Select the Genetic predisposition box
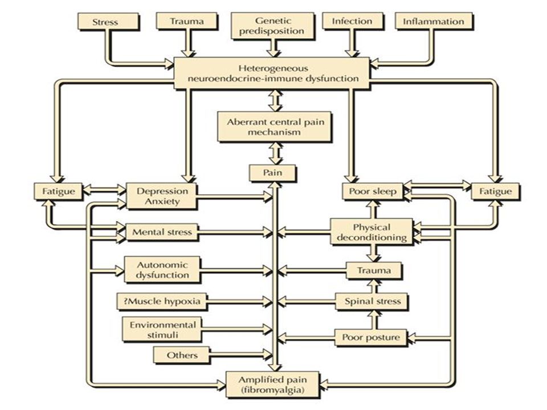(x=272, y=26)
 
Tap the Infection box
(x=352, y=21)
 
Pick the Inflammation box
(x=434, y=21)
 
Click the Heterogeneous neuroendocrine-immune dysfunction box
(x=272, y=73)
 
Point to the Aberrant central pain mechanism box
(x=274, y=126)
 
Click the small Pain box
(x=272, y=173)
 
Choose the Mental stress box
(x=162, y=232)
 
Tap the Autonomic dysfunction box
(x=162, y=269)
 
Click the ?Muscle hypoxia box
(x=161, y=301)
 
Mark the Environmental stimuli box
(x=162, y=330)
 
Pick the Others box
(x=182, y=355)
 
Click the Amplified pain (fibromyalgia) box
(x=272, y=384)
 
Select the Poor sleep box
(x=373, y=191)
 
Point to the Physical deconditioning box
(x=372, y=232)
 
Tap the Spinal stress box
(x=372, y=301)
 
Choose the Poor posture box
(x=371, y=337)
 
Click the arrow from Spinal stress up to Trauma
(x=373, y=286)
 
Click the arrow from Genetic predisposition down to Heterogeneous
(x=273, y=48)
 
